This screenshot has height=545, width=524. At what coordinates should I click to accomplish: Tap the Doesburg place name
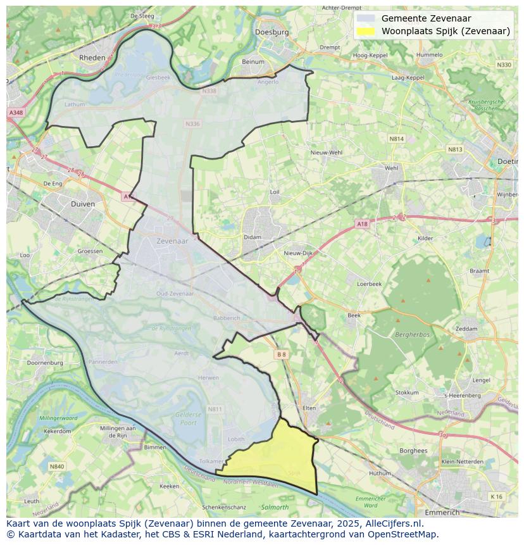tap(271, 32)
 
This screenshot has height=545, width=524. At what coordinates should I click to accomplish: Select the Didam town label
tap(252, 237)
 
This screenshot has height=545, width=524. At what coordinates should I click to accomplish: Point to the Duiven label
tap(83, 204)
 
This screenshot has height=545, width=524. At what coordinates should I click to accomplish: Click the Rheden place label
tap(92, 57)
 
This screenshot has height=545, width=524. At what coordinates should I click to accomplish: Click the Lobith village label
tap(236, 439)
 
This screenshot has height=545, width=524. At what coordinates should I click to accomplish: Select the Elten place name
tap(309, 408)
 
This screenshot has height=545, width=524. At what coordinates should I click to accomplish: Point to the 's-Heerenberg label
tap(463, 396)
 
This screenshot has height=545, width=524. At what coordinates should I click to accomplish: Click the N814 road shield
tap(396, 139)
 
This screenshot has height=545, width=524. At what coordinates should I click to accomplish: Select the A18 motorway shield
tap(361, 224)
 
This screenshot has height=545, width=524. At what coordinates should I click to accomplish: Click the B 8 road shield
tap(282, 355)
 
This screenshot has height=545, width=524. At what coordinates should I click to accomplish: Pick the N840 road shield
tap(57, 467)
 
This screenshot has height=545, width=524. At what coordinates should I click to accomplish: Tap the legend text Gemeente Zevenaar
tap(426, 18)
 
